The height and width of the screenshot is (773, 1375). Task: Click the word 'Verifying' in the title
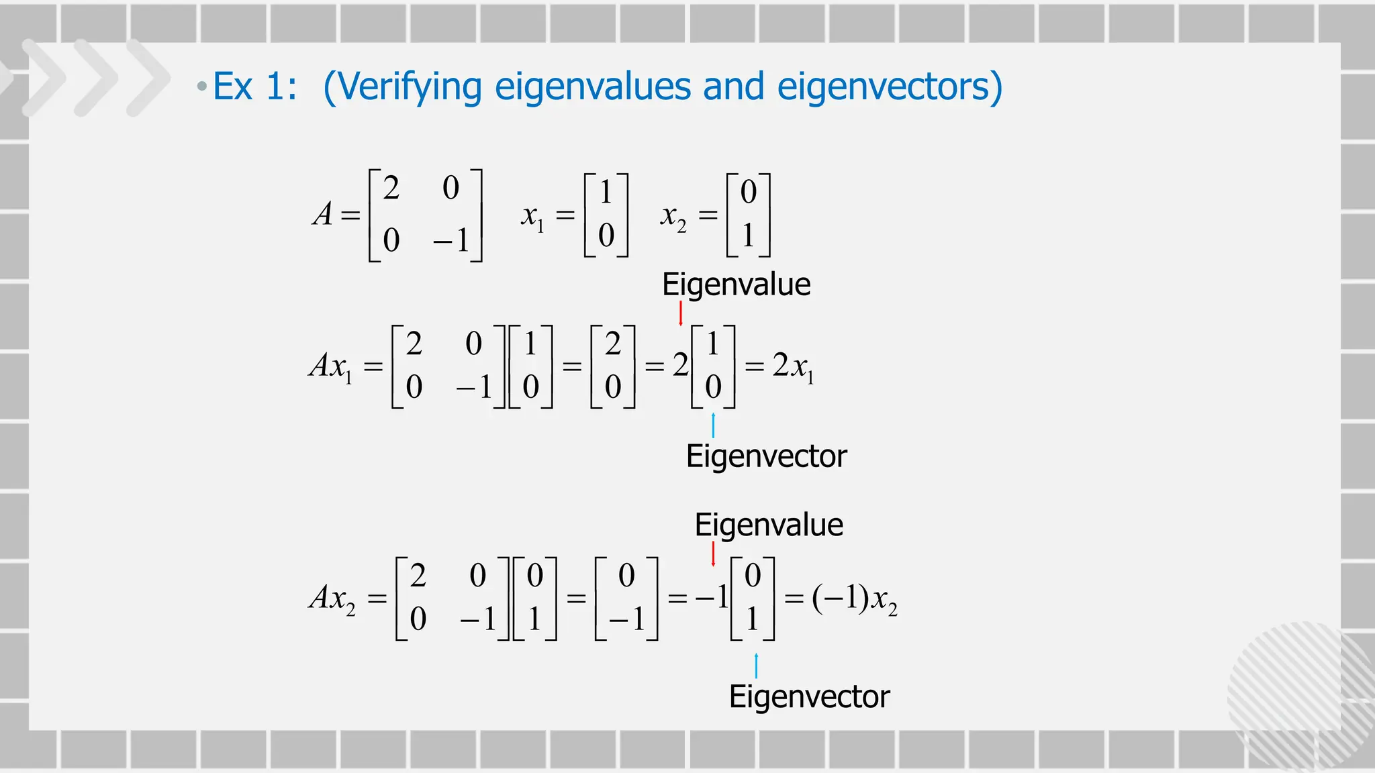point(416,87)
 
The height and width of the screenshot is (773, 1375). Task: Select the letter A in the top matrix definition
point(323,215)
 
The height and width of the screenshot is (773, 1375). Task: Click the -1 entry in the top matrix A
point(451,240)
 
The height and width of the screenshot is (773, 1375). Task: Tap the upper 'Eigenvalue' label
point(736,285)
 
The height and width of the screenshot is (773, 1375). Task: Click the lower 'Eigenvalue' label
point(769,525)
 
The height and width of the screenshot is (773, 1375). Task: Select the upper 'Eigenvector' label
point(766,456)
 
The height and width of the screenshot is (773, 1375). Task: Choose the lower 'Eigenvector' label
point(809,697)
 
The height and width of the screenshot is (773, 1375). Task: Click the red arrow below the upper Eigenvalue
point(681,313)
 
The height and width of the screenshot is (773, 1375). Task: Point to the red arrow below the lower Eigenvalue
point(713,554)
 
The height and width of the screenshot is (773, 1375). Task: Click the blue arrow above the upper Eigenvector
point(713,425)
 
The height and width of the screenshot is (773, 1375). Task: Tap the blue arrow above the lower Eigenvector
point(756,666)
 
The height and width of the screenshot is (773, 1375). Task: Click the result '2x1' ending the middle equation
point(793,366)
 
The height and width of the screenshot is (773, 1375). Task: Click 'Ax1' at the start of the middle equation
point(331,366)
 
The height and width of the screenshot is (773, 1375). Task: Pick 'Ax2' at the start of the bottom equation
point(332,598)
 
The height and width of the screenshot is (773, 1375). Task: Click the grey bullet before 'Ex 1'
point(201,87)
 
